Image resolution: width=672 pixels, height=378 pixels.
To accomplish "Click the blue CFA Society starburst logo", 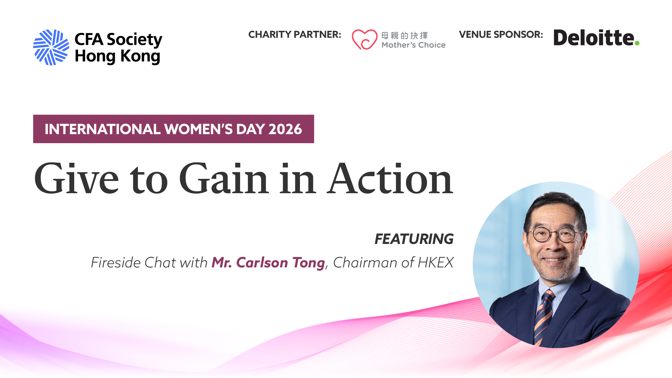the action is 51,47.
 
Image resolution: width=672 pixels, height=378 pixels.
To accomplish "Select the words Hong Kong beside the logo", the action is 118,57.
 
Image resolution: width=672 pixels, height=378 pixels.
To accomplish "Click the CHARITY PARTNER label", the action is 294,35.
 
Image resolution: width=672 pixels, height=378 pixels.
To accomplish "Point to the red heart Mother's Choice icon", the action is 364,39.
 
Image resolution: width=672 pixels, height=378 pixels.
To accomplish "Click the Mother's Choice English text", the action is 413,45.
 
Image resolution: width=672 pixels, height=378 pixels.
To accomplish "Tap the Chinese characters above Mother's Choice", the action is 405,35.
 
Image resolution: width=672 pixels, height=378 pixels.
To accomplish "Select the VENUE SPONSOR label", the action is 501,35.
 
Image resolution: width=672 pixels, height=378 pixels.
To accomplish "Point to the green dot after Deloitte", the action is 637,43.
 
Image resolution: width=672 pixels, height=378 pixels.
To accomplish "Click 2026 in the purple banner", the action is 285,129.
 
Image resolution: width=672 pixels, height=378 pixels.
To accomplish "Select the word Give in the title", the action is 77,178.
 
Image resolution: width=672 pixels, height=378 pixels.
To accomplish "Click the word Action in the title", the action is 390,178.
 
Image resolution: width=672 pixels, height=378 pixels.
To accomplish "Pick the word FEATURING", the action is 414,239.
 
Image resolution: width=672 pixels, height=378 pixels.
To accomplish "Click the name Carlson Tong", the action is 280,262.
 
